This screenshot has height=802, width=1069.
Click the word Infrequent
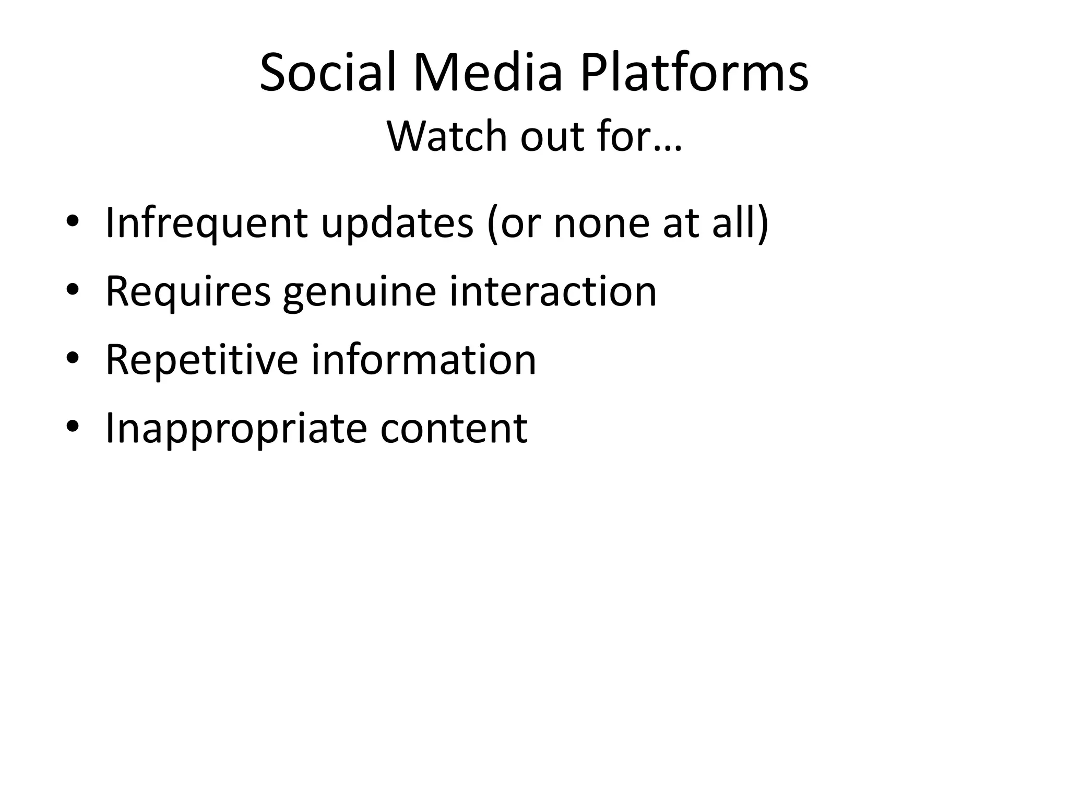(x=206, y=223)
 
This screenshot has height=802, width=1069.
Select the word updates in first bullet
(x=397, y=223)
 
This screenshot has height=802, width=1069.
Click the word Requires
(x=188, y=291)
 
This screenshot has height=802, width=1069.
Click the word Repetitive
(x=201, y=360)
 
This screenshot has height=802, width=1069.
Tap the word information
(x=424, y=360)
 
